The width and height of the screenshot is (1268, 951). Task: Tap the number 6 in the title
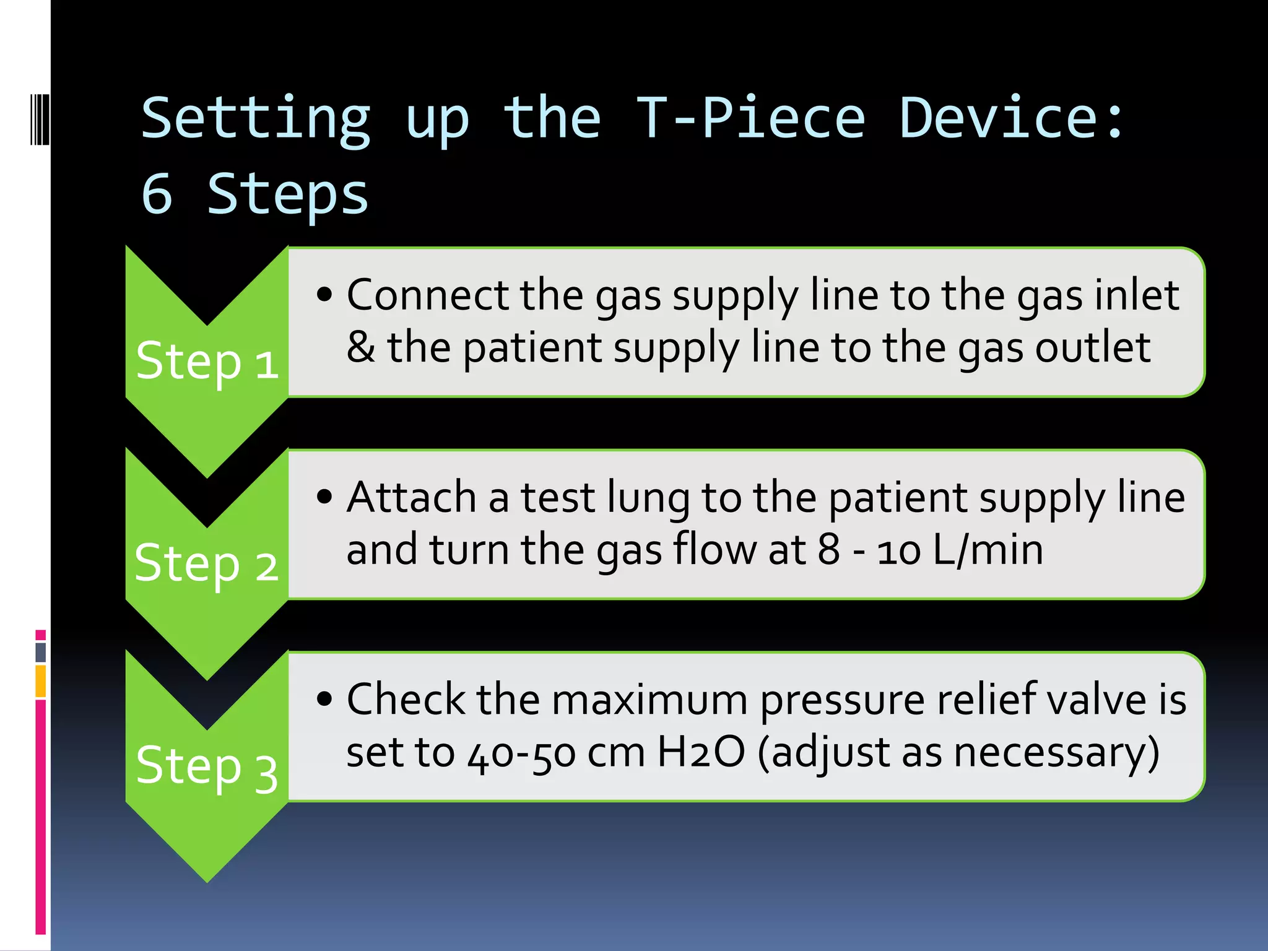(x=157, y=193)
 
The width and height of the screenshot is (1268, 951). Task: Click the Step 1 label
(x=207, y=362)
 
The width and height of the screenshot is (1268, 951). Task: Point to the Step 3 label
(x=207, y=766)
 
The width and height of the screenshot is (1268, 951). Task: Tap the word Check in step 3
(x=406, y=700)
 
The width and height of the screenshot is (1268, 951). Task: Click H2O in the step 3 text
(x=700, y=752)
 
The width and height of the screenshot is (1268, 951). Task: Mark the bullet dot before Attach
(x=324, y=497)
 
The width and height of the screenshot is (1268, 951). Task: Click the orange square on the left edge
(x=41, y=681)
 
